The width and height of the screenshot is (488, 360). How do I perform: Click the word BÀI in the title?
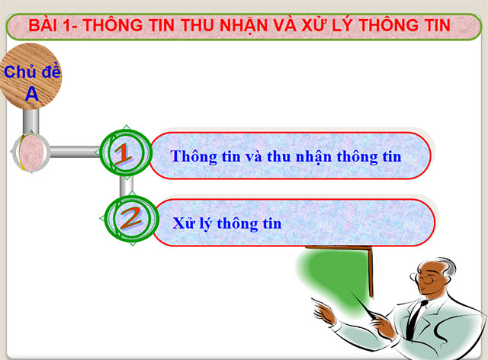coord(45,27)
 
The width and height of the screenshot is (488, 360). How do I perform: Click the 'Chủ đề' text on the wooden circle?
coord(32,73)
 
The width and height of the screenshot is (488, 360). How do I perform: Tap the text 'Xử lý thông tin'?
coord(227,224)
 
